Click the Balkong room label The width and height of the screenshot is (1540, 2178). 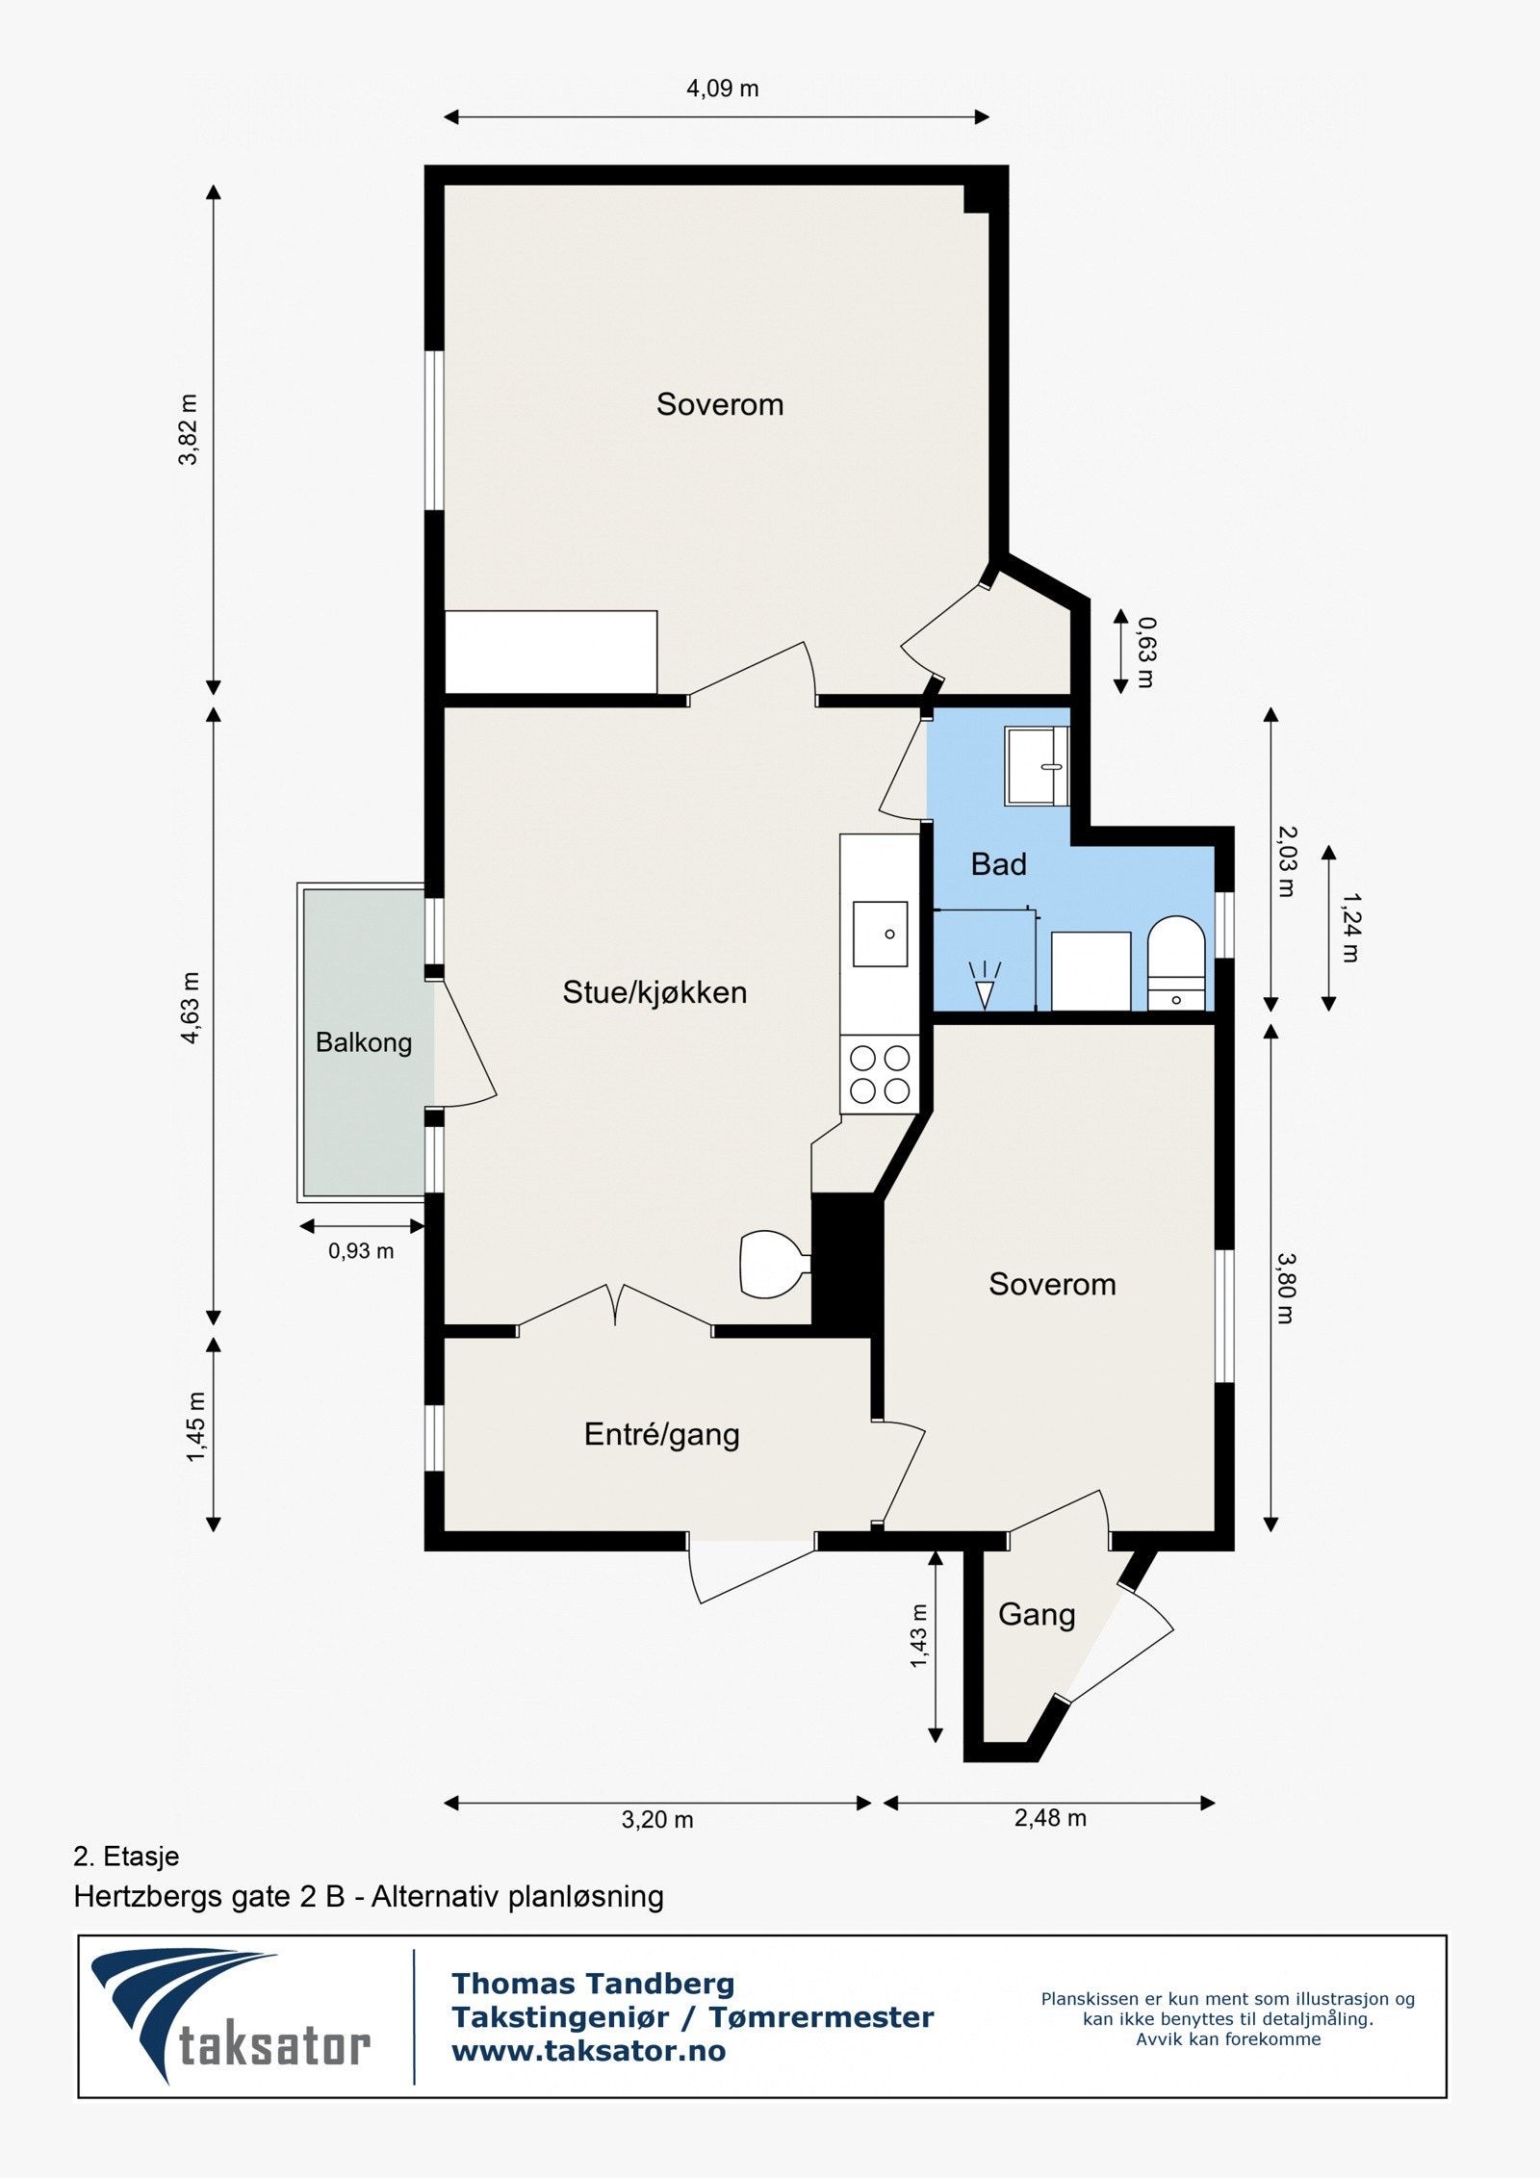tap(364, 1043)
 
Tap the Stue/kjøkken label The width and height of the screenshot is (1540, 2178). tap(654, 993)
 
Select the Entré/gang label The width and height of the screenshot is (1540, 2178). tap(661, 1435)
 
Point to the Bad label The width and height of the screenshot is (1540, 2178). tap(998, 864)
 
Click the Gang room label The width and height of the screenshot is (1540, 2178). tap(1037, 1615)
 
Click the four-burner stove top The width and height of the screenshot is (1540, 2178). tap(880, 1075)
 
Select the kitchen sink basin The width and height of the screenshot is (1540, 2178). tap(880, 934)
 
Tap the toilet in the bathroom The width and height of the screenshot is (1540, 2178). tap(1176, 963)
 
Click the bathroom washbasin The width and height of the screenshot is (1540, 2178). tap(1037, 766)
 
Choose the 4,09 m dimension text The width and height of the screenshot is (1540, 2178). tap(722, 89)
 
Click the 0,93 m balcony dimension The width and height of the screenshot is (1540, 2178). tap(361, 1251)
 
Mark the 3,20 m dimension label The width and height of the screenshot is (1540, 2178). tap(657, 1820)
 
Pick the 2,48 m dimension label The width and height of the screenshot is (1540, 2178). tap(1050, 1818)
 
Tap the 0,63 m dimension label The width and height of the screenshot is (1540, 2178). tap(1146, 653)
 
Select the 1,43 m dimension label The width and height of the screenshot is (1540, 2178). tap(919, 1636)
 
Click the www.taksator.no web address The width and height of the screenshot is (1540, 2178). tap(589, 2050)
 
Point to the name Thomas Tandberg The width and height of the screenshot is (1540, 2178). tap(593, 1984)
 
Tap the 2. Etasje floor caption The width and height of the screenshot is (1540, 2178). tap(126, 1857)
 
